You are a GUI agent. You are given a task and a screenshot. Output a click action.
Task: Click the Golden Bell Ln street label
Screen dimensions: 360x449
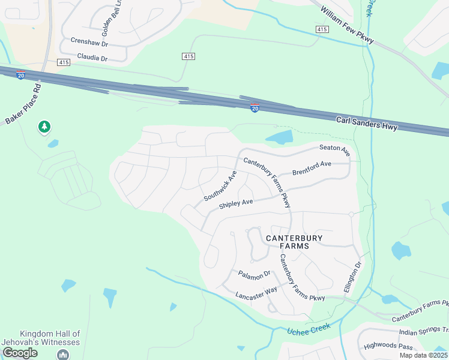109,14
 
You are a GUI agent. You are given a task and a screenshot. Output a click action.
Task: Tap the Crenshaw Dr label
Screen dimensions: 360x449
89,43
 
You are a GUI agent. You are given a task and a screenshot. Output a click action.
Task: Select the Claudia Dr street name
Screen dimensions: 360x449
92,58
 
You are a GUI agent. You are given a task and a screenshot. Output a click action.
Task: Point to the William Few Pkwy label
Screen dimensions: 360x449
347,25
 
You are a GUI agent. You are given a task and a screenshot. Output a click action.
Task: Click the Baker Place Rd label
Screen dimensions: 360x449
23,104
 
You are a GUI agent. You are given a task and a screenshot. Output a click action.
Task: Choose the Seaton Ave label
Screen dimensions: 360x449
334,148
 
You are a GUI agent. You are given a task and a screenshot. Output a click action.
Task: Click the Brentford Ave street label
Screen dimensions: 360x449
312,167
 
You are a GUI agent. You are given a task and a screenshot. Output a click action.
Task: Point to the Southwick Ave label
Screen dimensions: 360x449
220,186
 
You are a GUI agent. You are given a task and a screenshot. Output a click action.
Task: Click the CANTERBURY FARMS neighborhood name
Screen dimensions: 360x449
295,242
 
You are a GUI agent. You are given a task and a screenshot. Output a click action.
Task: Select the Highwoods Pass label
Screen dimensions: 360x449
390,347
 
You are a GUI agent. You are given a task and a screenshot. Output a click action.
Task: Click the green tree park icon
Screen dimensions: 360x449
44,127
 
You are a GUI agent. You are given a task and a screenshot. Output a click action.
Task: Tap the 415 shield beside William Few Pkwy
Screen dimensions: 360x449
322,29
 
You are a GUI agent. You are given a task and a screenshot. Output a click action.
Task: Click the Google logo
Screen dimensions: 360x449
20,353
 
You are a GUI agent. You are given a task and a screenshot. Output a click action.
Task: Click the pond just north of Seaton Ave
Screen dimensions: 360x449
279,137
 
